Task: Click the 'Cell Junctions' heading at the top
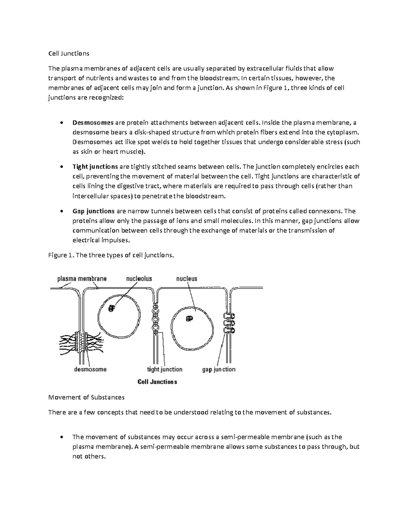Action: pyautogui.click(x=68, y=53)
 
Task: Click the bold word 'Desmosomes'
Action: pyautogui.click(x=93, y=123)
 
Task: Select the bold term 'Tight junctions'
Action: pyautogui.click(x=95, y=167)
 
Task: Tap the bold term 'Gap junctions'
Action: pyautogui.click(x=93, y=211)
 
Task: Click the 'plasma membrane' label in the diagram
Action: pyautogui.click(x=82, y=279)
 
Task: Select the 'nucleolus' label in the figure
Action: pyautogui.click(x=139, y=279)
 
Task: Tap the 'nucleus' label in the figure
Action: pyautogui.click(x=187, y=279)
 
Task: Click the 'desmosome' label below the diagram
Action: pyautogui.click(x=90, y=369)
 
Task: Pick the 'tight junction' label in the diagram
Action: pyautogui.click(x=164, y=369)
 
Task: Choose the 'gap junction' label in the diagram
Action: pyautogui.click(x=219, y=369)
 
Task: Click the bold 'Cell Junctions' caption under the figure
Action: pyautogui.click(x=157, y=382)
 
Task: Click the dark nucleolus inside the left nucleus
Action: pyautogui.click(x=111, y=308)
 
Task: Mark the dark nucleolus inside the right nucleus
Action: pyautogui.click(x=189, y=319)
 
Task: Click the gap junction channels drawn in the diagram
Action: pyautogui.click(x=228, y=323)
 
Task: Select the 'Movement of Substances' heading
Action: pyautogui.click(x=86, y=397)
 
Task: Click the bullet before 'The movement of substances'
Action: pyautogui.click(x=61, y=437)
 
